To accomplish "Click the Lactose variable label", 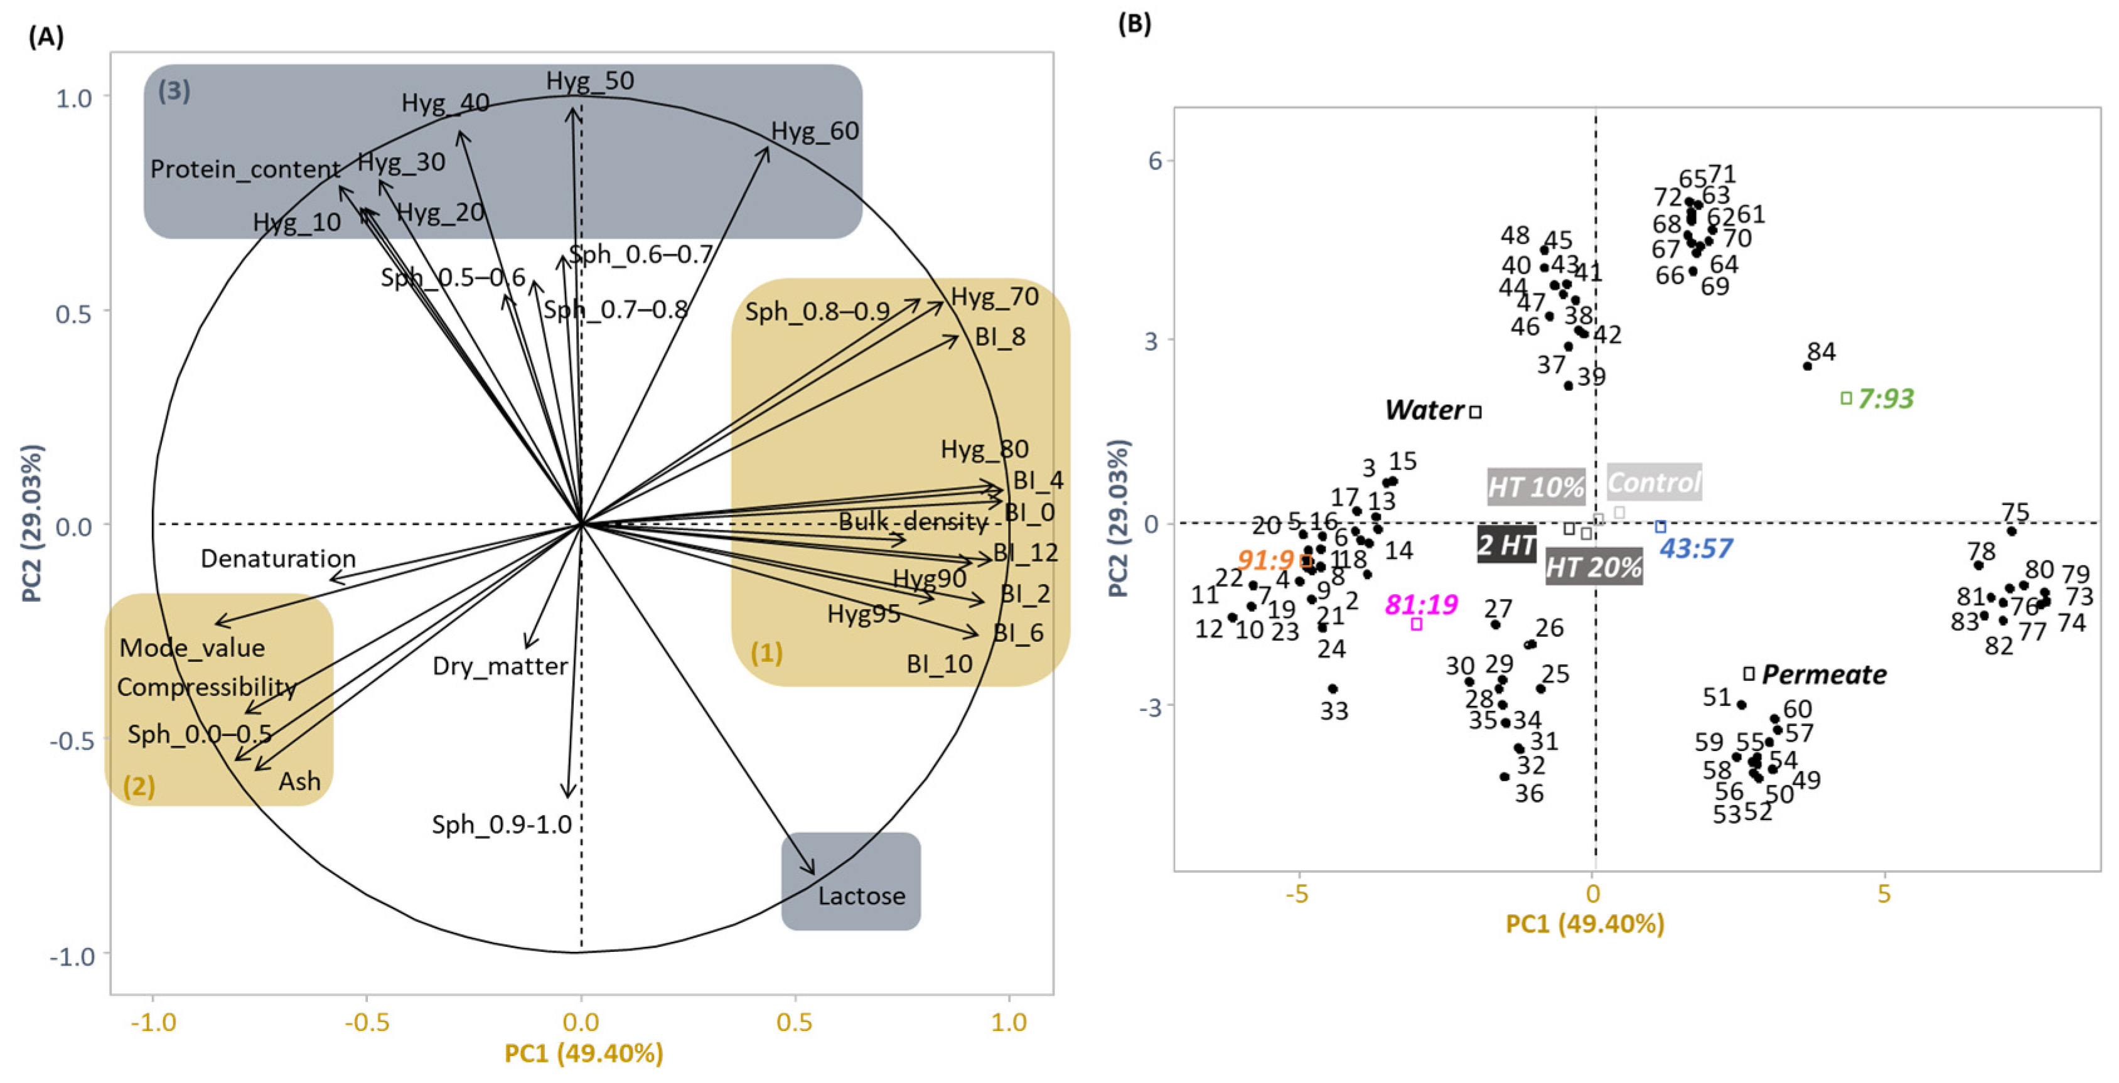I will (861, 895).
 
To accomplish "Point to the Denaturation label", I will (278, 559).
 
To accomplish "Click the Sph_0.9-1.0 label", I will (501, 824).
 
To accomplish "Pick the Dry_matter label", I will (500, 666).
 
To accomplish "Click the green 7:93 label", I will (1886, 399).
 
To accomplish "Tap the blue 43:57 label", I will (1695, 548).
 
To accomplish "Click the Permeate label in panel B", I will (1824, 675).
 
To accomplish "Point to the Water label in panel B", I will (1425, 410).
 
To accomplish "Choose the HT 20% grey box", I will (1594, 567).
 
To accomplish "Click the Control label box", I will (1653, 483).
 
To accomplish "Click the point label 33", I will (1334, 710).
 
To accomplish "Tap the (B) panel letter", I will (1134, 24).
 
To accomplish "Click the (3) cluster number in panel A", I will (174, 90).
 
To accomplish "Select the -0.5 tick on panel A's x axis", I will (367, 1022).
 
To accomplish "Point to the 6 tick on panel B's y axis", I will (1155, 161).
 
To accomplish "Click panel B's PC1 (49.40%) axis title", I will (1584, 924).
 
